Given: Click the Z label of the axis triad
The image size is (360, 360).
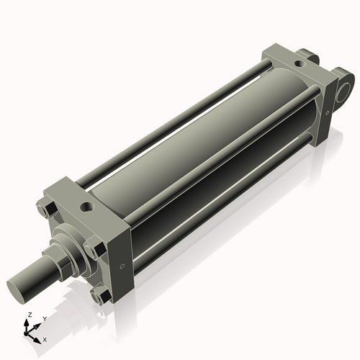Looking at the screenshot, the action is click(30, 315).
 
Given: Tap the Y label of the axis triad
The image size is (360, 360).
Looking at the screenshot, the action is click(45, 319).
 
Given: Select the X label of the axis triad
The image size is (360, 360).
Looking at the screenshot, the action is click(45, 340).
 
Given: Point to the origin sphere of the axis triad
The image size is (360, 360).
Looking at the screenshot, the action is click(26, 333).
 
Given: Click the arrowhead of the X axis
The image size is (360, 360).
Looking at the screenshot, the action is click(37, 341).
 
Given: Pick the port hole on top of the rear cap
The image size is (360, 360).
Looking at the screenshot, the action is click(300, 64).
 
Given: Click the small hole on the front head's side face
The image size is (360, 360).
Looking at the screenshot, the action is click(122, 266).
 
